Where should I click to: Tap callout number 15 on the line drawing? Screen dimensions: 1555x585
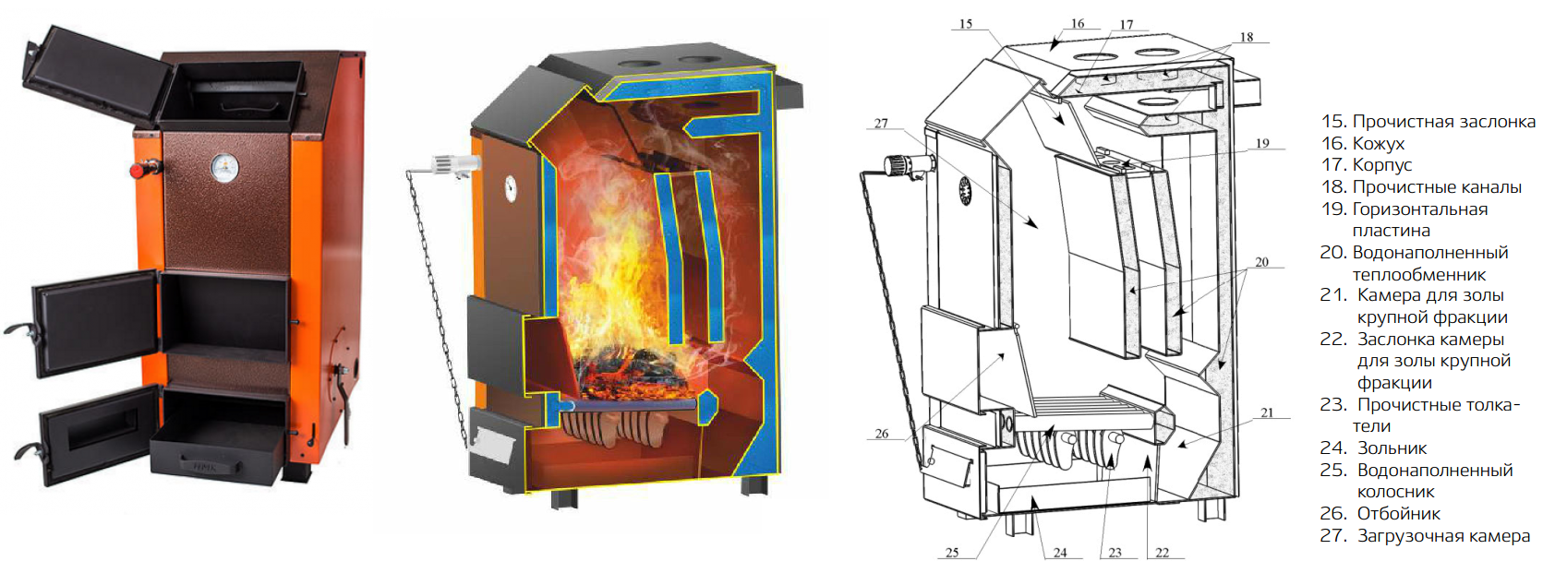(x=966, y=24)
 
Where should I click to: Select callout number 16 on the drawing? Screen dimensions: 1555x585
(x=1078, y=23)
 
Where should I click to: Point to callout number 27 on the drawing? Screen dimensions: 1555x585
(x=881, y=123)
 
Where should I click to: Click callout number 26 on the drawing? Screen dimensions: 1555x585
(x=882, y=433)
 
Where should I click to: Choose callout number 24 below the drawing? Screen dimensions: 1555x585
(x=1060, y=553)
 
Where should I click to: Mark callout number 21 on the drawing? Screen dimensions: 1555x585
(x=1267, y=412)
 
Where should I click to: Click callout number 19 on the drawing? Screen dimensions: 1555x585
(x=1262, y=143)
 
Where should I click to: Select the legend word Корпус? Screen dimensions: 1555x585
(x=1382, y=165)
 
